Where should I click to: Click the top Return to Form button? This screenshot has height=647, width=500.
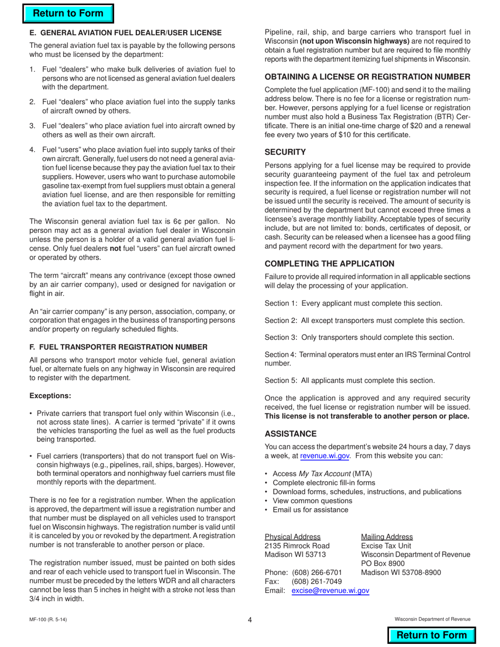68,14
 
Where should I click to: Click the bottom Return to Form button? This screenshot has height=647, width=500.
432,635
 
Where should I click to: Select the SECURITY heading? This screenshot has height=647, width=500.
285,152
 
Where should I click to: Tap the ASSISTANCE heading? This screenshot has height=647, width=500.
291,433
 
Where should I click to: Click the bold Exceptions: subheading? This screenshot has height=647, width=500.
50,396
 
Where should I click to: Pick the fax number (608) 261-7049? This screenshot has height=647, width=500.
316,581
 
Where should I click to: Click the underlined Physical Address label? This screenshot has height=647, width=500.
292,537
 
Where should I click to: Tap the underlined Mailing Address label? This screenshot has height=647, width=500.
387,537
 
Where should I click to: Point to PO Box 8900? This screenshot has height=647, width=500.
383,563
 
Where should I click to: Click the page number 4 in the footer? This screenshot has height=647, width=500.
250,620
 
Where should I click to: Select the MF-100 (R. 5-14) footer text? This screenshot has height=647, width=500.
48,620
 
